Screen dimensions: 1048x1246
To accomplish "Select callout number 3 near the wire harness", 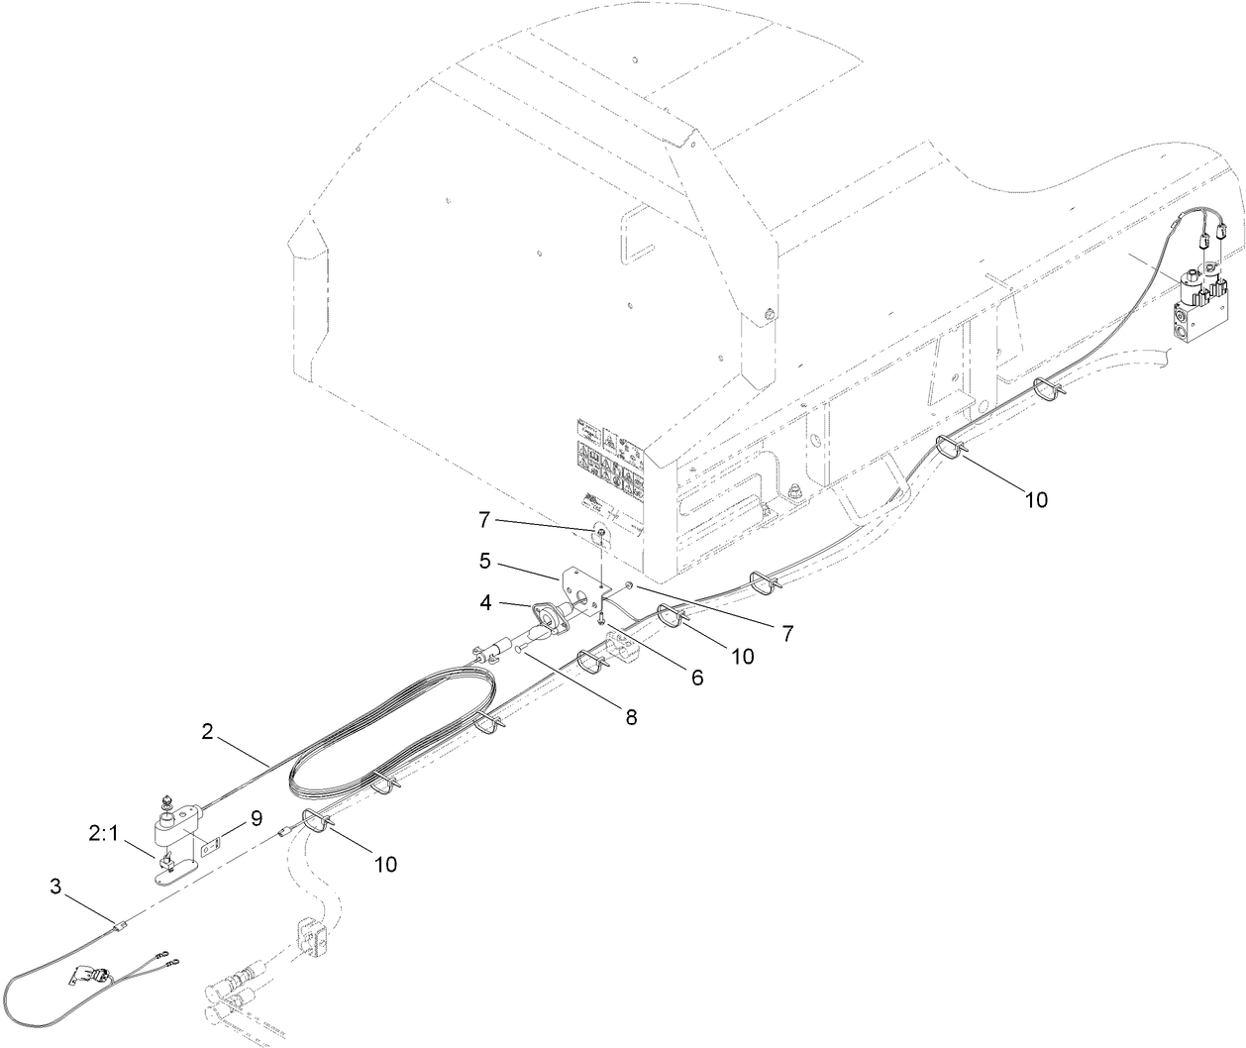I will click(55, 888).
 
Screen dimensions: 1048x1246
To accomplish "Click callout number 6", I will click(696, 678).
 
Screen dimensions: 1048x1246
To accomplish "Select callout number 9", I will click(256, 818).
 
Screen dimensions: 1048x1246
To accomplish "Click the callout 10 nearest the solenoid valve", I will click(1035, 500).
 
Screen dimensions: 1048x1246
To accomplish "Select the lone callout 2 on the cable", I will click(207, 732).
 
